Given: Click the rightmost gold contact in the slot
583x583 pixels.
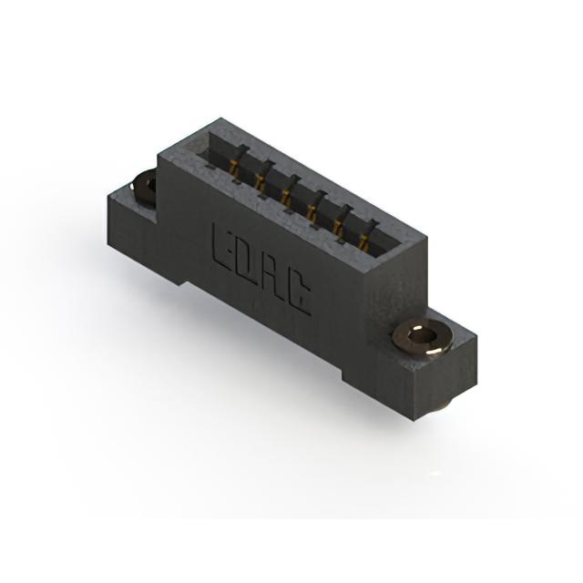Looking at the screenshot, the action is [x=363, y=240].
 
